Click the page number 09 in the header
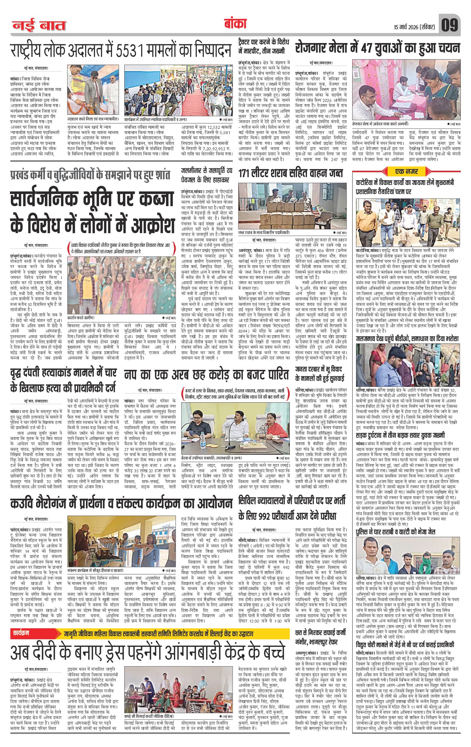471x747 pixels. (x=450, y=25)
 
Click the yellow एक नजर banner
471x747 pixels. (x=406, y=171)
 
